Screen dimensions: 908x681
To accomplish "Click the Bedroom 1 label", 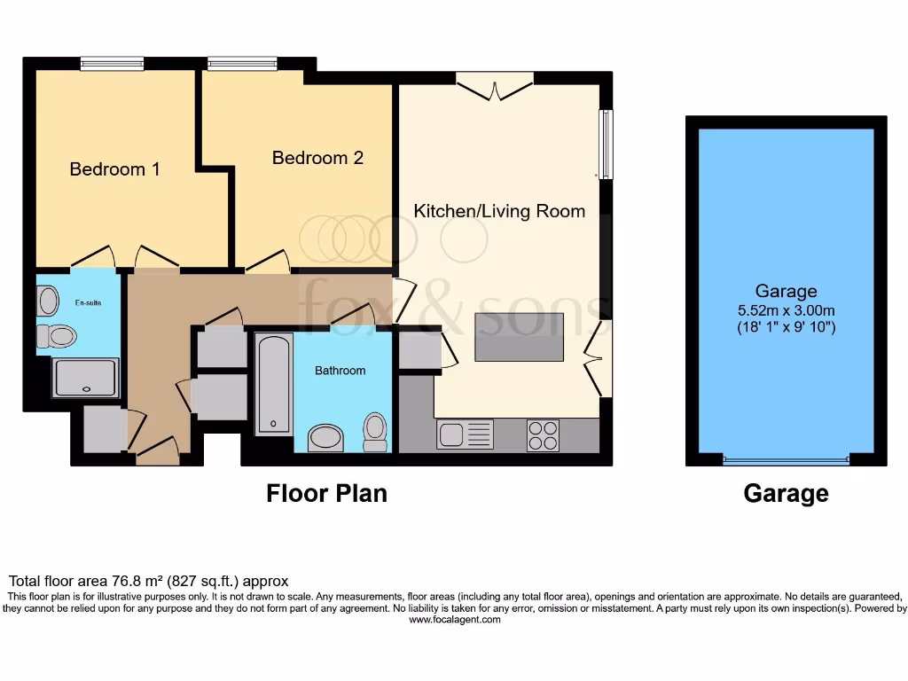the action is pyautogui.click(x=114, y=169).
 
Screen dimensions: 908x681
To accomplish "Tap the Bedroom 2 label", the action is pyautogui.click(x=318, y=158).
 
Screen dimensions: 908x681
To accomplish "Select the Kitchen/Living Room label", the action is pyautogui.click(x=499, y=211).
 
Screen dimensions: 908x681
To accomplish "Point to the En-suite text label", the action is pyautogui.click(x=88, y=302).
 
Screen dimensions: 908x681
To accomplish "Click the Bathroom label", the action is pyautogui.click(x=340, y=371).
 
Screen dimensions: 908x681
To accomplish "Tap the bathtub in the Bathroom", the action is pyautogui.click(x=273, y=383).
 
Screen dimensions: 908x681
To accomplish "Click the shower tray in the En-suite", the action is pyautogui.click(x=86, y=378).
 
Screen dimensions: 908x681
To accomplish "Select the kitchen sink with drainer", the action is pyautogui.click(x=465, y=434).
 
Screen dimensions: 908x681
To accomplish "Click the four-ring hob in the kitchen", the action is pyautogui.click(x=544, y=435).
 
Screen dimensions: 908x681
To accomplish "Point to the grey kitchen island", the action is pyautogui.click(x=520, y=337).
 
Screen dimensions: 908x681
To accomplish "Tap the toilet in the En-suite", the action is pyautogui.click(x=57, y=336).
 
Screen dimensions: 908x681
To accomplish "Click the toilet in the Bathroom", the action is pyautogui.click(x=375, y=432).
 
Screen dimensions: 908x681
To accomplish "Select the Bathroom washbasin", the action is pyautogui.click(x=325, y=438).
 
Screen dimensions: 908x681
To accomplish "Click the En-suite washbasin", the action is pyautogui.click(x=48, y=301).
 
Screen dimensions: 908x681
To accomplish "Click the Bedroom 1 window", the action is pyautogui.click(x=112, y=63).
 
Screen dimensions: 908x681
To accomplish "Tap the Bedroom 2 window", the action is pyautogui.click(x=242, y=63).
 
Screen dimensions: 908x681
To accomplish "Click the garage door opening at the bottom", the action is pyautogui.click(x=786, y=460).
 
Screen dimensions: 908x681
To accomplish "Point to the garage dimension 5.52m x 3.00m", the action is pyautogui.click(x=786, y=310).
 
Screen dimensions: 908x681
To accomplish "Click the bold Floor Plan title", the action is pyautogui.click(x=326, y=493).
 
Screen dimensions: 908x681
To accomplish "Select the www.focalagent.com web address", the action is pyautogui.click(x=455, y=620).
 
